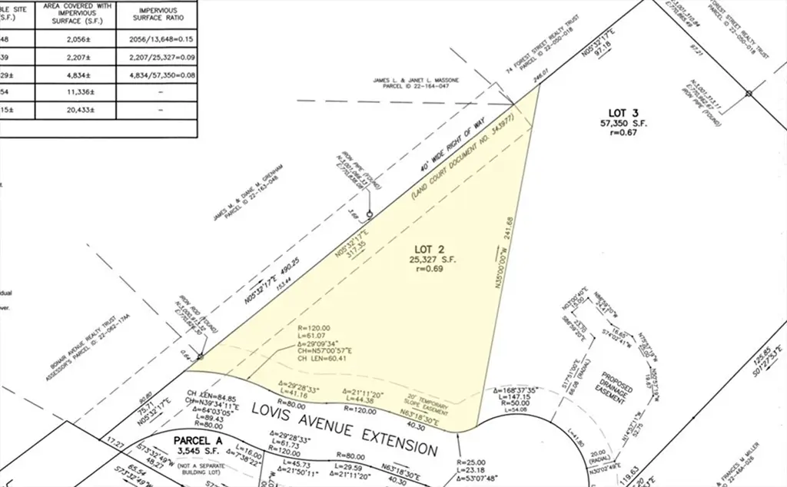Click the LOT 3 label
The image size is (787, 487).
pyautogui.click(x=619, y=113)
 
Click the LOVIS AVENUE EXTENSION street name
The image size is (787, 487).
pyautogui.click(x=344, y=429)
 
